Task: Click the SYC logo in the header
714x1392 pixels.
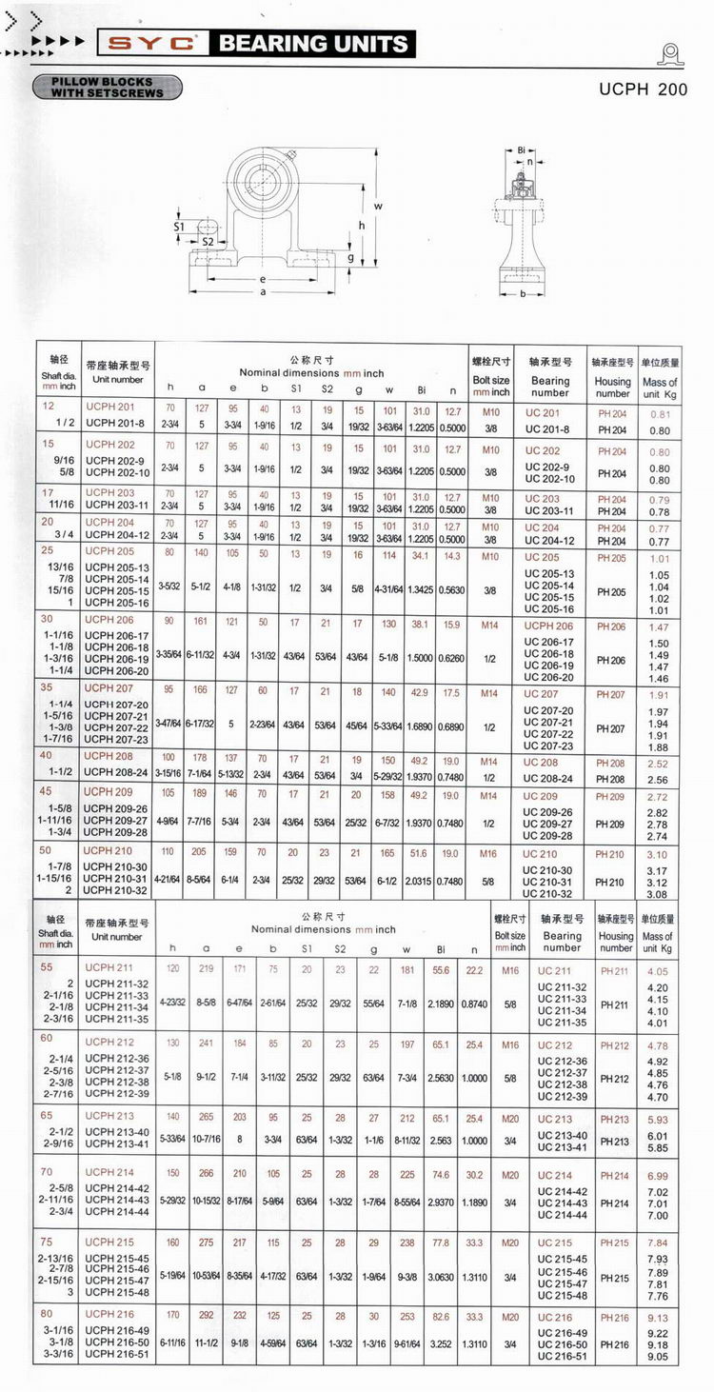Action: click(x=152, y=43)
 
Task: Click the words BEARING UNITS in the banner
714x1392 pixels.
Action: click(x=313, y=43)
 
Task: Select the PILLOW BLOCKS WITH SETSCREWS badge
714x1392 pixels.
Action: click(x=107, y=88)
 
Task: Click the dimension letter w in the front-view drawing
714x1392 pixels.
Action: click(x=378, y=207)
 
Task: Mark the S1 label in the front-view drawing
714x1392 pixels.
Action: click(x=179, y=227)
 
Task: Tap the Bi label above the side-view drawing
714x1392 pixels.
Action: click(x=522, y=150)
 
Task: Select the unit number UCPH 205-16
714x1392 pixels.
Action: click(x=117, y=603)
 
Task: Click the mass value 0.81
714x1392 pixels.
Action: click(x=660, y=414)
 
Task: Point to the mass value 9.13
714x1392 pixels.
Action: click(x=658, y=1318)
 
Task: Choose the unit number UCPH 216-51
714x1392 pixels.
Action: click(x=117, y=1354)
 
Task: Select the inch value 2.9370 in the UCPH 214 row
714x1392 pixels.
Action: click(x=441, y=1203)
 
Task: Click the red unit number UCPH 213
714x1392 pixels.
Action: click(x=109, y=1115)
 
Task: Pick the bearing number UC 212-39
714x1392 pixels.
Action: click(x=562, y=1096)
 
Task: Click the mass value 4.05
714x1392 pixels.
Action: click(x=658, y=972)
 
